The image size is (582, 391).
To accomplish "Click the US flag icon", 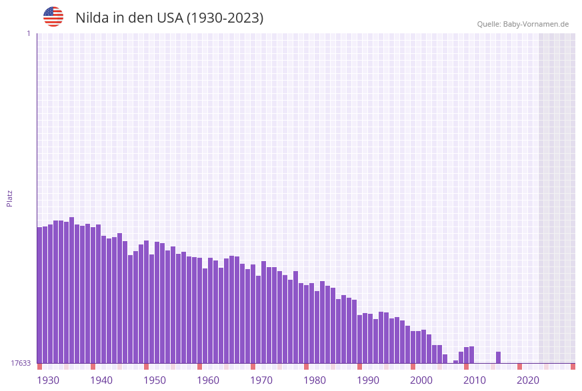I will point(53,17).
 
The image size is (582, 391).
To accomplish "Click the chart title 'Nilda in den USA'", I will point(169,18).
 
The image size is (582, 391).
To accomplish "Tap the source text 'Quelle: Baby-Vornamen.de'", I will point(523,24).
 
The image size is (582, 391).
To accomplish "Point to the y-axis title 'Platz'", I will point(10,198).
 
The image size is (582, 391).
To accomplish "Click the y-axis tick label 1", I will point(28,33).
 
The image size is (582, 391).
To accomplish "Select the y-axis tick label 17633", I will point(21,363).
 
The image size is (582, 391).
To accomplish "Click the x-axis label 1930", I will point(47,380).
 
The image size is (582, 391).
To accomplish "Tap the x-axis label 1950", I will point(155,380).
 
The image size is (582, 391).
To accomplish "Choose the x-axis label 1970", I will point(261,380).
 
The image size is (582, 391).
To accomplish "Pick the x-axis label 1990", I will point(368,380).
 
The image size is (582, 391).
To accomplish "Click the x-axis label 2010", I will point(475,380).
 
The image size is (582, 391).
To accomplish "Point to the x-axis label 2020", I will point(528,380).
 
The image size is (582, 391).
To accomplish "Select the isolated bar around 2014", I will point(498,358).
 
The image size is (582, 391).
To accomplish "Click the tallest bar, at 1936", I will point(72,290).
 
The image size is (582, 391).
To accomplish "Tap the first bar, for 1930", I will point(40,295).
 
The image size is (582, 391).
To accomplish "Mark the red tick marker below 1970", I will point(253,366).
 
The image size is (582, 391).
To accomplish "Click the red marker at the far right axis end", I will point(573,366).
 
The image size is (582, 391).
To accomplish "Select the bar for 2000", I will point(413,347).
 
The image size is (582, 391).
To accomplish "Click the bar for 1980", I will point(307,324).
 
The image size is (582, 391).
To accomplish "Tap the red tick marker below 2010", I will point(467,366).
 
